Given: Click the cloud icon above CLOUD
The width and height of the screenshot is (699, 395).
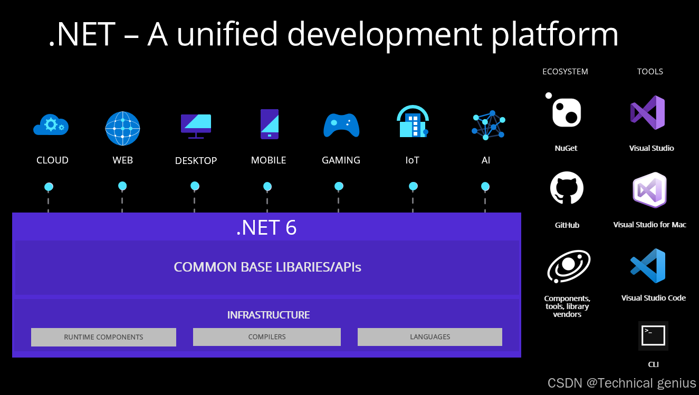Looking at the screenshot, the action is [51, 125].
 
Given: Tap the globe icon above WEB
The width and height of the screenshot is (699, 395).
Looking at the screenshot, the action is [122, 129].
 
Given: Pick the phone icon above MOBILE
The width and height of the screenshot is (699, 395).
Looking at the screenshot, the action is [269, 124].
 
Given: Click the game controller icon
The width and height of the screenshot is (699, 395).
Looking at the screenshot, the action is [341, 126].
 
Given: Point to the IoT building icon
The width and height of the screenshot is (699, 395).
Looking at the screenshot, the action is [412, 122].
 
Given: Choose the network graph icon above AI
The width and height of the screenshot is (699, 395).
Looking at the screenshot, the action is [488, 125].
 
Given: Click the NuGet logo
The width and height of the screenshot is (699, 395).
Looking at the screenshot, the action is [566, 111].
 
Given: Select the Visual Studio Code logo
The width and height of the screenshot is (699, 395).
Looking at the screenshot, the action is [648, 266].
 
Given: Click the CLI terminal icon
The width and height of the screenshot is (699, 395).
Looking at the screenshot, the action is [653, 336].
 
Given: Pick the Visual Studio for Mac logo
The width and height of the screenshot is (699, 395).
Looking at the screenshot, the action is [649, 190].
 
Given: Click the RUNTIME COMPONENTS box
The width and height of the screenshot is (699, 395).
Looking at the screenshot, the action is [103, 337].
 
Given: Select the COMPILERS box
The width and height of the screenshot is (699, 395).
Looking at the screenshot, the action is [267, 337].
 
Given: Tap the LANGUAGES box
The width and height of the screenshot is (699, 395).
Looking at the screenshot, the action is [430, 337].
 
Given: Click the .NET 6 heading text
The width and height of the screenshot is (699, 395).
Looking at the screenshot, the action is [266, 228].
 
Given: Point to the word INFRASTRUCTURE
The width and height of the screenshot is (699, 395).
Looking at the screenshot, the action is [268, 315].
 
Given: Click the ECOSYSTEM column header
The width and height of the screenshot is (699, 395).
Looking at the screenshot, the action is [565, 72].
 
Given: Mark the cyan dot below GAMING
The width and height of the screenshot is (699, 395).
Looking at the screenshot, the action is [339, 186].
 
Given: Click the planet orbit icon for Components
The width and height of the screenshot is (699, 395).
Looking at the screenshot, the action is [568, 266].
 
